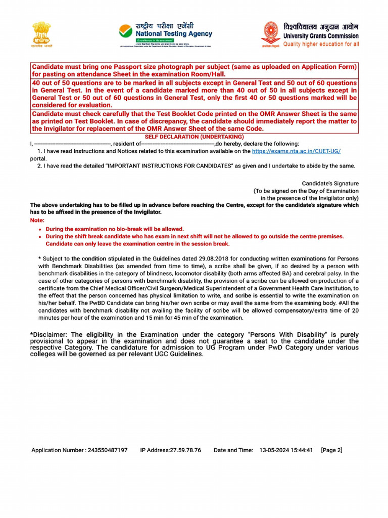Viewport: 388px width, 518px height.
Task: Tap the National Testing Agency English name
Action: pyautogui.click(x=174, y=34)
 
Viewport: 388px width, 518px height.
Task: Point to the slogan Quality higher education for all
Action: pyautogui.click(x=321, y=45)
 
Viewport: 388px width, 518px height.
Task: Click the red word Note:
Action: pyautogui.click(x=37, y=221)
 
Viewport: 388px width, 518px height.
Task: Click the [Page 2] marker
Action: pyautogui.click(x=331, y=450)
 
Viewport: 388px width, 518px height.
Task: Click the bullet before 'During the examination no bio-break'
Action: pyautogui.click(x=40, y=229)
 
